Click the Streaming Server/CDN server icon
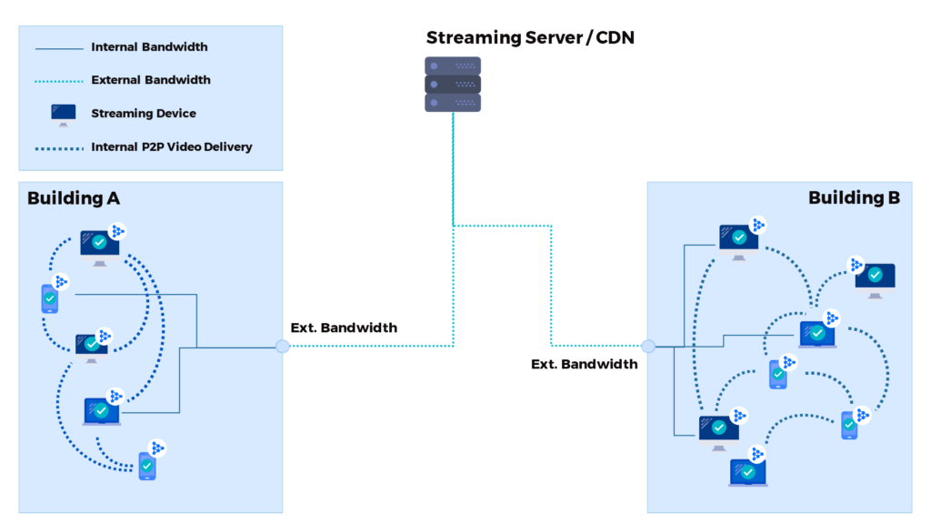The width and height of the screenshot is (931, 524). [x=453, y=84]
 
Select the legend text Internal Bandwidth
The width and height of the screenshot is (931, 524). [x=149, y=47]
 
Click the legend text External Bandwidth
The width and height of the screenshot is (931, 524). [x=151, y=80]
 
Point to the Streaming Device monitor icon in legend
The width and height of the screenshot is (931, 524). [x=64, y=115]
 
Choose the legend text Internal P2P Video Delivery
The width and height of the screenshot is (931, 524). [x=172, y=146]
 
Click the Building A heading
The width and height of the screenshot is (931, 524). [x=74, y=198]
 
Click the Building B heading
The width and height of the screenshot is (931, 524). [x=854, y=198]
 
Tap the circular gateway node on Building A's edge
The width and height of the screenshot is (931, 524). [x=283, y=346]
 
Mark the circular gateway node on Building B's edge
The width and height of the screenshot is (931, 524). [x=647, y=346]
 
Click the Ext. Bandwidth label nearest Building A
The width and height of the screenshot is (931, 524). [x=344, y=327]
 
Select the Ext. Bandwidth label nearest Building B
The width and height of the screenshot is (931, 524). [x=585, y=364]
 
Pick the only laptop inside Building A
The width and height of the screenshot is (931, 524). [x=101, y=412]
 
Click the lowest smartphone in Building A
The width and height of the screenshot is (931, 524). [x=147, y=466]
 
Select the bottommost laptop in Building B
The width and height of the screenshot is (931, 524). [x=747, y=473]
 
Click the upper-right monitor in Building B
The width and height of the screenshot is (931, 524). [x=875, y=277]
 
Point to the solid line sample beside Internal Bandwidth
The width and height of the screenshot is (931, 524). [x=59, y=47]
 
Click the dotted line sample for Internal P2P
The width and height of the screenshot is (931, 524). [x=59, y=147]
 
